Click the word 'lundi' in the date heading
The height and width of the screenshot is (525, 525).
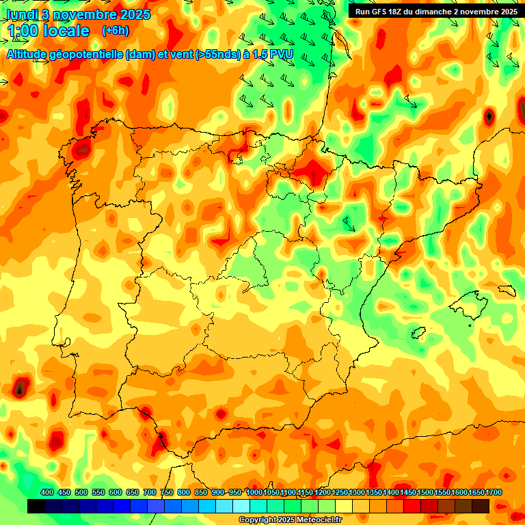23,14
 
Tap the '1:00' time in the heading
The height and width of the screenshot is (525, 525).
24,31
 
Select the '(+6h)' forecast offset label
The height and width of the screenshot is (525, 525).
115,31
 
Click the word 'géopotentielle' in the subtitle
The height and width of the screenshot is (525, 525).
89,54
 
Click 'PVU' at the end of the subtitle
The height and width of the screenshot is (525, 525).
281,54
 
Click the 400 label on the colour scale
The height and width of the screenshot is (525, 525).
47,492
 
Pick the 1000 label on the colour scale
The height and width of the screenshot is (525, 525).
254,492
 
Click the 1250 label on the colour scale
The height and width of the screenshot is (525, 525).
340,492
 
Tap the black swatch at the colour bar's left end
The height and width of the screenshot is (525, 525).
36,506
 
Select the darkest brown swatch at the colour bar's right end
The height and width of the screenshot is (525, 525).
481,506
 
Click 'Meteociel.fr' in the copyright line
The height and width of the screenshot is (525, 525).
319,520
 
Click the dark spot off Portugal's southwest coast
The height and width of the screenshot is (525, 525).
21,388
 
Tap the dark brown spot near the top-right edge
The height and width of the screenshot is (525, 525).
489,116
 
